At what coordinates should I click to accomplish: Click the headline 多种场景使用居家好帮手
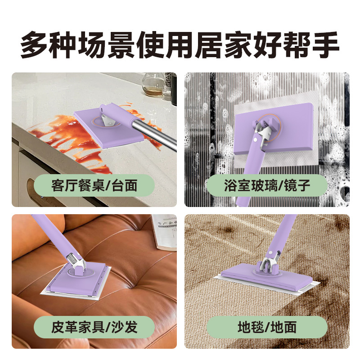[180, 44]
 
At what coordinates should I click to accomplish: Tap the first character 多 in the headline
[35, 44]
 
